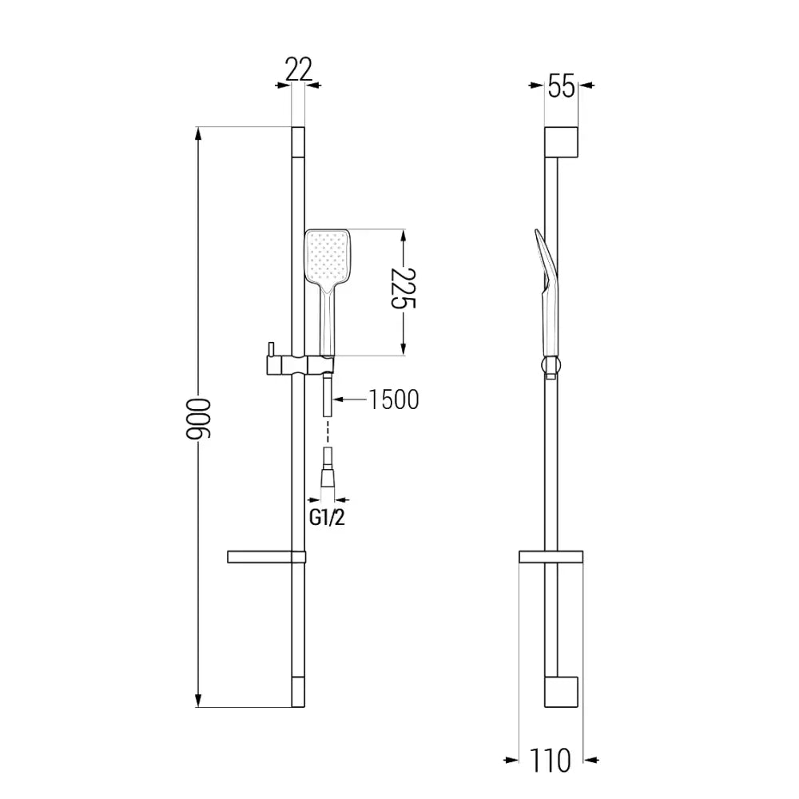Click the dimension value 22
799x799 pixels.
pos(298,70)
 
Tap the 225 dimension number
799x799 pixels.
pos(405,292)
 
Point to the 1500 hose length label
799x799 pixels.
pos(393,399)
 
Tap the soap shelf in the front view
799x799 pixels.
pos(266,556)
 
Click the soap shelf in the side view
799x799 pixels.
pos(551,557)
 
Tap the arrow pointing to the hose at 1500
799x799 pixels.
pos(340,399)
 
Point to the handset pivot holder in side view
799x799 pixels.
pos(550,368)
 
